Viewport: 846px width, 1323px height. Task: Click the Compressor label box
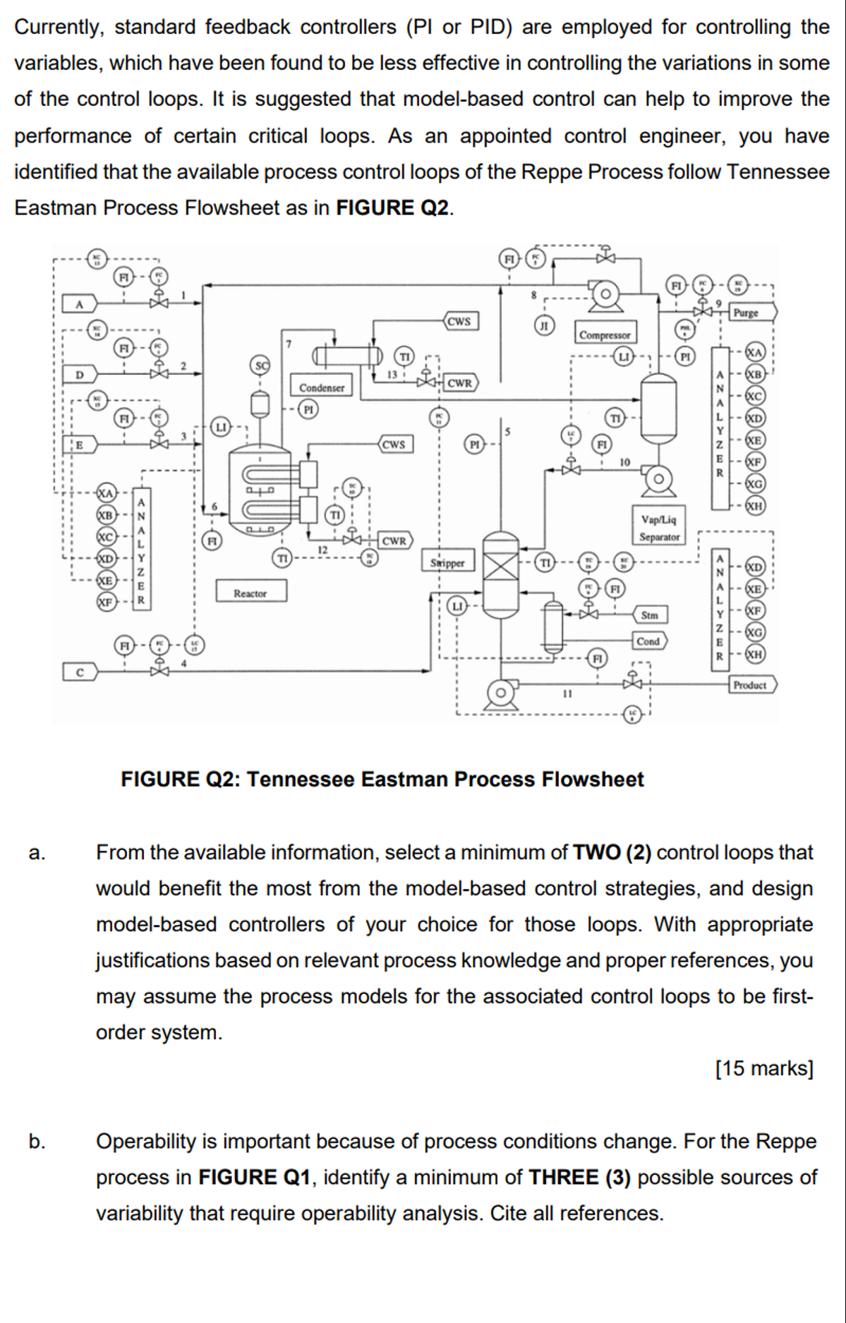pyautogui.click(x=605, y=334)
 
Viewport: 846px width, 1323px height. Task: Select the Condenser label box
pyautogui.click(x=322, y=387)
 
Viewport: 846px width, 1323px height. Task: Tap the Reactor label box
pyautogui.click(x=250, y=593)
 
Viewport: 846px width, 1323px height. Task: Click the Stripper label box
pyautogui.click(x=447, y=562)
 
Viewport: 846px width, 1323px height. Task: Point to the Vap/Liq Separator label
pyautogui.click(x=659, y=528)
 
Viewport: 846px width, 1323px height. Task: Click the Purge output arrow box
pyautogui.click(x=751, y=312)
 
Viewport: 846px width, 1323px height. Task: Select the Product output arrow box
pyautogui.click(x=751, y=684)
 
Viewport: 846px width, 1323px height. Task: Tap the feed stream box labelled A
pyautogui.click(x=79, y=304)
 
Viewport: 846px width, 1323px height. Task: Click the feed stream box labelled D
pyautogui.click(x=79, y=373)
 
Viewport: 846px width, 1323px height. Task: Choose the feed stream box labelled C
pyautogui.click(x=79, y=672)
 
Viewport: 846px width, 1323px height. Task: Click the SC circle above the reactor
pyautogui.click(x=260, y=366)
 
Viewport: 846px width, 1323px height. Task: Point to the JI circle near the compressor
pyautogui.click(x=543, y=325)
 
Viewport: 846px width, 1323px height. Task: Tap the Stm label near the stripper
pyautogui.click(x=649, y=615)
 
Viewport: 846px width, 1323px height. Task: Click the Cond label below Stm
pyautogui.click(x=648, y=641)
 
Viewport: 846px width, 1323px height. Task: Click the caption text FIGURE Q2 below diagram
pyautogui.click(x=382, y=779)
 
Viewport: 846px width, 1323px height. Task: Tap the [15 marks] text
pyautogui.click(x=764, y=1068)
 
